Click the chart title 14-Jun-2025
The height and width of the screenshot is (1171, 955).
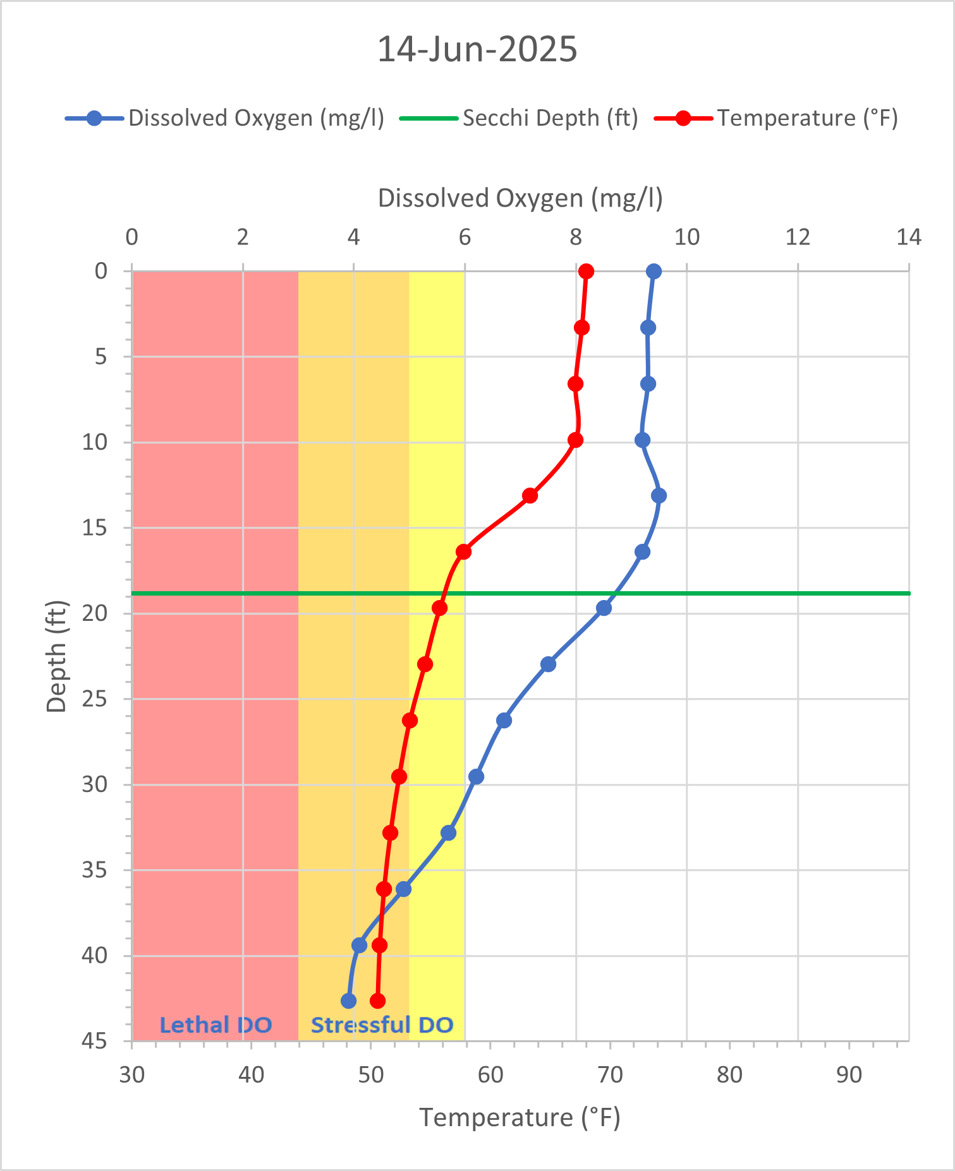click(x=477, y=49)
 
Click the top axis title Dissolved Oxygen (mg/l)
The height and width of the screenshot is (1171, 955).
click(x=520, y=198)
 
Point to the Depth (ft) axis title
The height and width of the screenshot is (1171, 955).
click(x=56, y=656)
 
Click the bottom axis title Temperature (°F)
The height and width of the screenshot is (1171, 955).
click(x=520, y=1117)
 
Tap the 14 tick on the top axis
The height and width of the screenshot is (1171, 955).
click(x=909, y=237)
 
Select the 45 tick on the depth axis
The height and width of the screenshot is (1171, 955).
click(x=94, y=1041)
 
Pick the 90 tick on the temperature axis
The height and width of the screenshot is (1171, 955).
click(x=849, y=1075)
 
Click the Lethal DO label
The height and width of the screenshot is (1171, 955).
click(x=216, y=1024)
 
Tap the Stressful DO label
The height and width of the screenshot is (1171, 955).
click(x=382, y=1024)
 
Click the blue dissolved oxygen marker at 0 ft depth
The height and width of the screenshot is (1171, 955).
click(x=654, y=272)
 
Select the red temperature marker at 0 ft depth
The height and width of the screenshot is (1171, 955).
click(x=586, y=272)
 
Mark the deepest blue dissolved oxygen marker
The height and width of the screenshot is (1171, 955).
click(x=348, y=1001)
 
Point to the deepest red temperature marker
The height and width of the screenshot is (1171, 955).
click(x=377, y=1001)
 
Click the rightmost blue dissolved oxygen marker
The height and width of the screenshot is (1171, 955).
click(x=659, y=496)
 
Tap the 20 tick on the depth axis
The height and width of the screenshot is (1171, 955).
click(x=94, y=613)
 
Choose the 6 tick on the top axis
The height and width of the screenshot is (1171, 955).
click(x=465, y=237)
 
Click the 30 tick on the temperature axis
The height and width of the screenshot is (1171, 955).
click(x=131, y=1075)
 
